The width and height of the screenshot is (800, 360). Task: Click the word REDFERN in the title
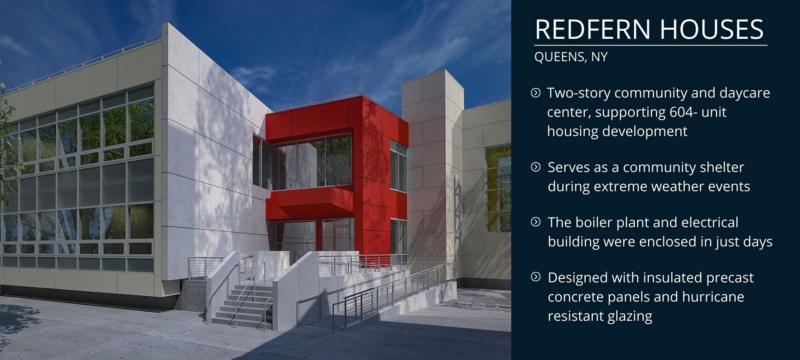pos(592,29)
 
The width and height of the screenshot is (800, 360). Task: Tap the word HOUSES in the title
pos(711,29)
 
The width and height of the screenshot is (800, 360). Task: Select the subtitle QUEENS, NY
pos(571,57)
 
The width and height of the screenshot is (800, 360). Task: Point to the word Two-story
pos(578,93)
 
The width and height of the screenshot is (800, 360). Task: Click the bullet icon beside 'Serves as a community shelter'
pos(536,167)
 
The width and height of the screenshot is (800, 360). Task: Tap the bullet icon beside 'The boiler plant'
pos(536,222)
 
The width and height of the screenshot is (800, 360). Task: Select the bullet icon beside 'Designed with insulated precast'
pos(536,277)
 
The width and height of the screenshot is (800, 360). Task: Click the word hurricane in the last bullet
pos(713,297)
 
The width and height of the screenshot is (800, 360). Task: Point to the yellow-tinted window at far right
pos(498,189)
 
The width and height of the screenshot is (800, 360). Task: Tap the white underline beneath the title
pos(651,46)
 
